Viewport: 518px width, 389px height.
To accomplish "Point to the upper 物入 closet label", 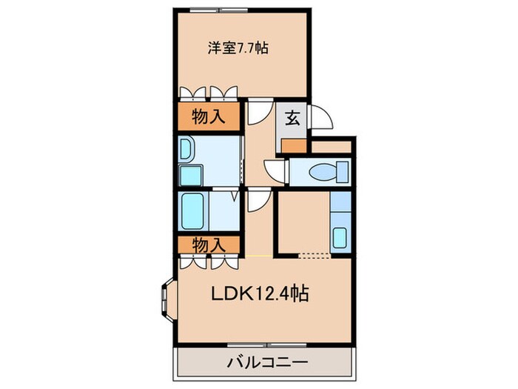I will pyautogui.click(x=208, y=116).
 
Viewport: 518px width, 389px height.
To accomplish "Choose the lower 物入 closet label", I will pyautogui.click(x=208, y=243).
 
